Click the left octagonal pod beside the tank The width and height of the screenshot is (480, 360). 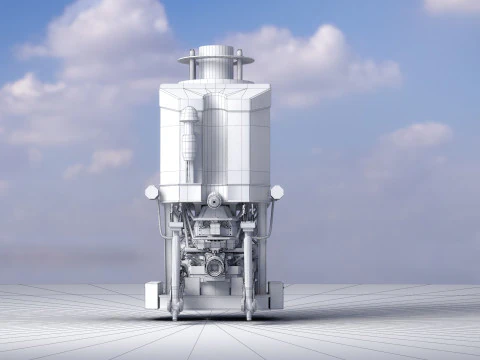pos(152,192)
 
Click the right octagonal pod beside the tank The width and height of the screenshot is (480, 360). pos(277,192)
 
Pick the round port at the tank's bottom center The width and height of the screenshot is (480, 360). pos(214,200)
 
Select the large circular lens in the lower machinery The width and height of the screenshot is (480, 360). pos(215,266)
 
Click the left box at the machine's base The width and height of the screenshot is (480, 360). pos(153,295)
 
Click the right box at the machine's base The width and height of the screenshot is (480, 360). pos(275,295)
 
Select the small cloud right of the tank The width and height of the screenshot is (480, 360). pos(415,135)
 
